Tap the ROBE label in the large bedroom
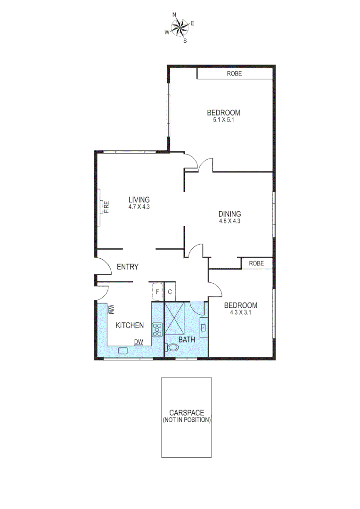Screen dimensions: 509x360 click(x=234, y=74)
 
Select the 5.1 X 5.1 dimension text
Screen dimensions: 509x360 click(x=223, y=120)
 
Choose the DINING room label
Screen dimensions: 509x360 click(x=229, y=213)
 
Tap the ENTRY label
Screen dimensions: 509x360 click(x=127, y=267)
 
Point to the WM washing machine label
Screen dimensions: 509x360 click(x=112, y=310)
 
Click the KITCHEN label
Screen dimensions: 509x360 click(x=130, y=325)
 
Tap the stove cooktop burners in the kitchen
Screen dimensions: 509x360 click(x=156, y=329)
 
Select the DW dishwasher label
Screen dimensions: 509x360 click(x=138, y=342)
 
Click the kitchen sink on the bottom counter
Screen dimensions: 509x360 click(x=123, y=350)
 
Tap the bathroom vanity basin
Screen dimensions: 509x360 click(x=204, y=327)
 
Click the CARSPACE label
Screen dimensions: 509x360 click(x=187, y=413)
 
